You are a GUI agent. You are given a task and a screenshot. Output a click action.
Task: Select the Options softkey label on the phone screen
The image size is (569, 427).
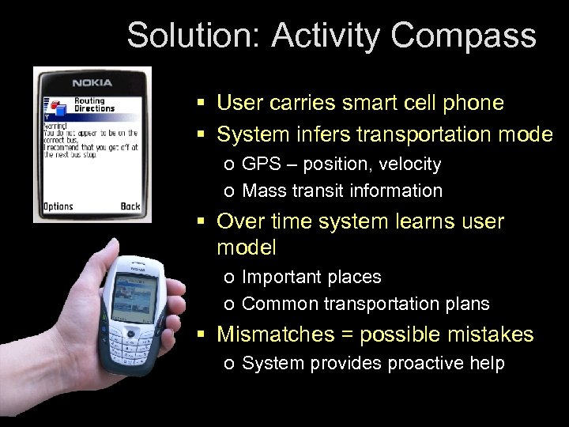(58, 206)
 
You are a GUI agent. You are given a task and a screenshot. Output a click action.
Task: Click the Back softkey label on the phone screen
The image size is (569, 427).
(130, 206)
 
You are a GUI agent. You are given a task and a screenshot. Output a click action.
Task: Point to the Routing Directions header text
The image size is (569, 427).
(94, 104)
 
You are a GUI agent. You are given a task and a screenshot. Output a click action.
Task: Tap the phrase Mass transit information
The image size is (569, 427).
(342, 191)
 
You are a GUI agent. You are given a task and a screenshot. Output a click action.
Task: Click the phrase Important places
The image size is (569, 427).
(311, 277)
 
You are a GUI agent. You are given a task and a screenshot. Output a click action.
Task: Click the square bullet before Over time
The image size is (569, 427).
(202, 222)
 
